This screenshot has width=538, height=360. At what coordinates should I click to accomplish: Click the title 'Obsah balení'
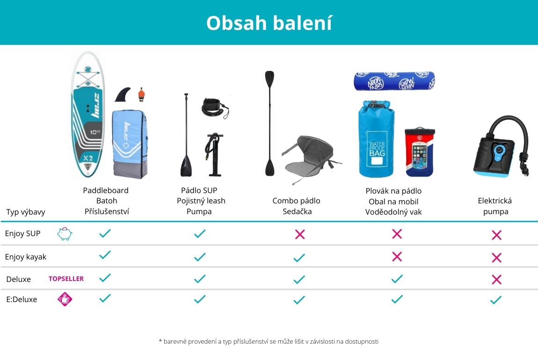click(x=269, y=23)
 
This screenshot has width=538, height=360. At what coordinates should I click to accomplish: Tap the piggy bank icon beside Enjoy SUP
click(x=65, y=234)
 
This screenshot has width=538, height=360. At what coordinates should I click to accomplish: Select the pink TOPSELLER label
click(x=66, y=279)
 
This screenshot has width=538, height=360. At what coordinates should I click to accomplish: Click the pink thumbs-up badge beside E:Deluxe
click(x=65, y=299)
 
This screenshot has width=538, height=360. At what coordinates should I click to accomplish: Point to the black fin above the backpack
click(x=123, y=94)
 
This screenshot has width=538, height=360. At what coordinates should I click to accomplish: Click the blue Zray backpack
click(x=130, y=144)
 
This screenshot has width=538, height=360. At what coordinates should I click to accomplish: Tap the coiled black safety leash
click(x=215, y=108)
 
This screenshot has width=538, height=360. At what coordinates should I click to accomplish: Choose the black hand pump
click(x=214, y=154)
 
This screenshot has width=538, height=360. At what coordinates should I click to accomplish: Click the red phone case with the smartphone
click(x=420, y=152)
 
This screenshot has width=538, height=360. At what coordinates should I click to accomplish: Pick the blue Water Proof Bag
click(x=377, y=138)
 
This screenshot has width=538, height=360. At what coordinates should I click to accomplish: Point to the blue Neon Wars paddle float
click(x=394, y=81)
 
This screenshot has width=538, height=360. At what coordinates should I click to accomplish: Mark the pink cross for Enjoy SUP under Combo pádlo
click(x=300, y=235)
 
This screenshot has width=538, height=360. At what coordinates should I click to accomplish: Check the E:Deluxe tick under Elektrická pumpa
click(x=496, y=300)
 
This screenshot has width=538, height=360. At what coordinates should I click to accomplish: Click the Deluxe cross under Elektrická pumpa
click(x=496, y=280)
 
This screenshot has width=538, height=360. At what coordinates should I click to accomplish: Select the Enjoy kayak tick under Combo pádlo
click(x=299, y=258)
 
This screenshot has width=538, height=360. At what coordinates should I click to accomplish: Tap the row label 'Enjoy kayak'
click(x=25, y=257)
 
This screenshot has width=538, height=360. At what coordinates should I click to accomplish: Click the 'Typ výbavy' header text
click(x=26, y=212)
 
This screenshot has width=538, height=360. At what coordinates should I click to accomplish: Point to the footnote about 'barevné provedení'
click(x=269, y=341)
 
